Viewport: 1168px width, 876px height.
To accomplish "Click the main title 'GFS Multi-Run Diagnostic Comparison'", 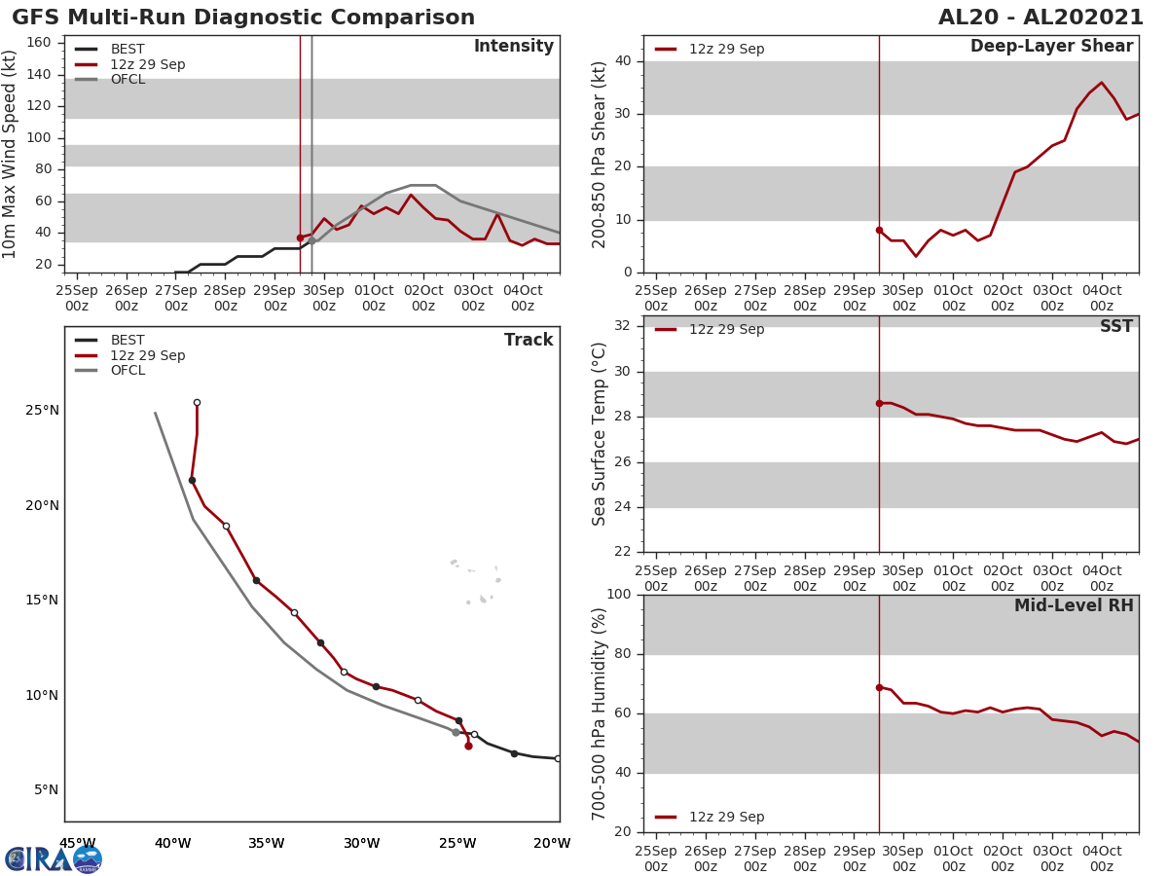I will click(x=243, y=18).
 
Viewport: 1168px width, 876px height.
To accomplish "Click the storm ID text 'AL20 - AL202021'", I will click(x=1040, y=18).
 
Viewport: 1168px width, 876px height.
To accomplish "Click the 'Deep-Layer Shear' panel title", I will click(x=1051, y=47).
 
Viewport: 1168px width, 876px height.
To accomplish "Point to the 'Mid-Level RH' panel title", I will click(x=1074, y=605).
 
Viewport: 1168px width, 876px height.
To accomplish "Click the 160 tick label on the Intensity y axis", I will click(x=39, y=43).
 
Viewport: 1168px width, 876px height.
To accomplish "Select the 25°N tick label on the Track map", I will click(x=42, y=411).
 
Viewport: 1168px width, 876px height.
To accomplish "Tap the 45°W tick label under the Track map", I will click(x=78, y=843).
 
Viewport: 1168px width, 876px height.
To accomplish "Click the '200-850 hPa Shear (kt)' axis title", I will click(x=600, y=154).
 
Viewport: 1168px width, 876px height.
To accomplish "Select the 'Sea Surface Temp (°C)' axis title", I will click(x=600, y=434).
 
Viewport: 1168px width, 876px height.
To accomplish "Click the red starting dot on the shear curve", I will click(x=879, y=230).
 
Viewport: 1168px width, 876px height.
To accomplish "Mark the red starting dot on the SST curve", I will click(x=879, y=403).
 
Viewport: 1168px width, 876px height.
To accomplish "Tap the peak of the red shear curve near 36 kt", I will click(x=1101, y=83).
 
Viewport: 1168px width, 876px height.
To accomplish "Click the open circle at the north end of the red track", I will click(x=197, y=402).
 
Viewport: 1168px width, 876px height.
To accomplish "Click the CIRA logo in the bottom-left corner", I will click(x=53, y=859).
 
